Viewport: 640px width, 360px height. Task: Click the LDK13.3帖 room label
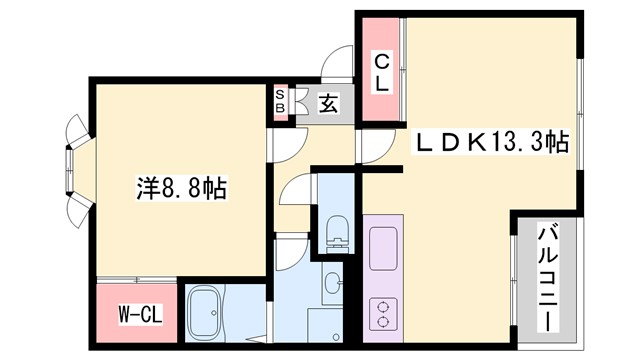pyautogui.click(x=492, y=143)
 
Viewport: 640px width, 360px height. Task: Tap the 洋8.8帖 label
pyautogui.click(x=180, y=187)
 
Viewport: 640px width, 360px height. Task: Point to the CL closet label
pyautogui.click(x=382, y=73)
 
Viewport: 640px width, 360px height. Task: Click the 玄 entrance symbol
pyautogui.click(x=327, y=103)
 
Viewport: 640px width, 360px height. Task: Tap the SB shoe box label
pyautogui.click(x=280, y=101)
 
